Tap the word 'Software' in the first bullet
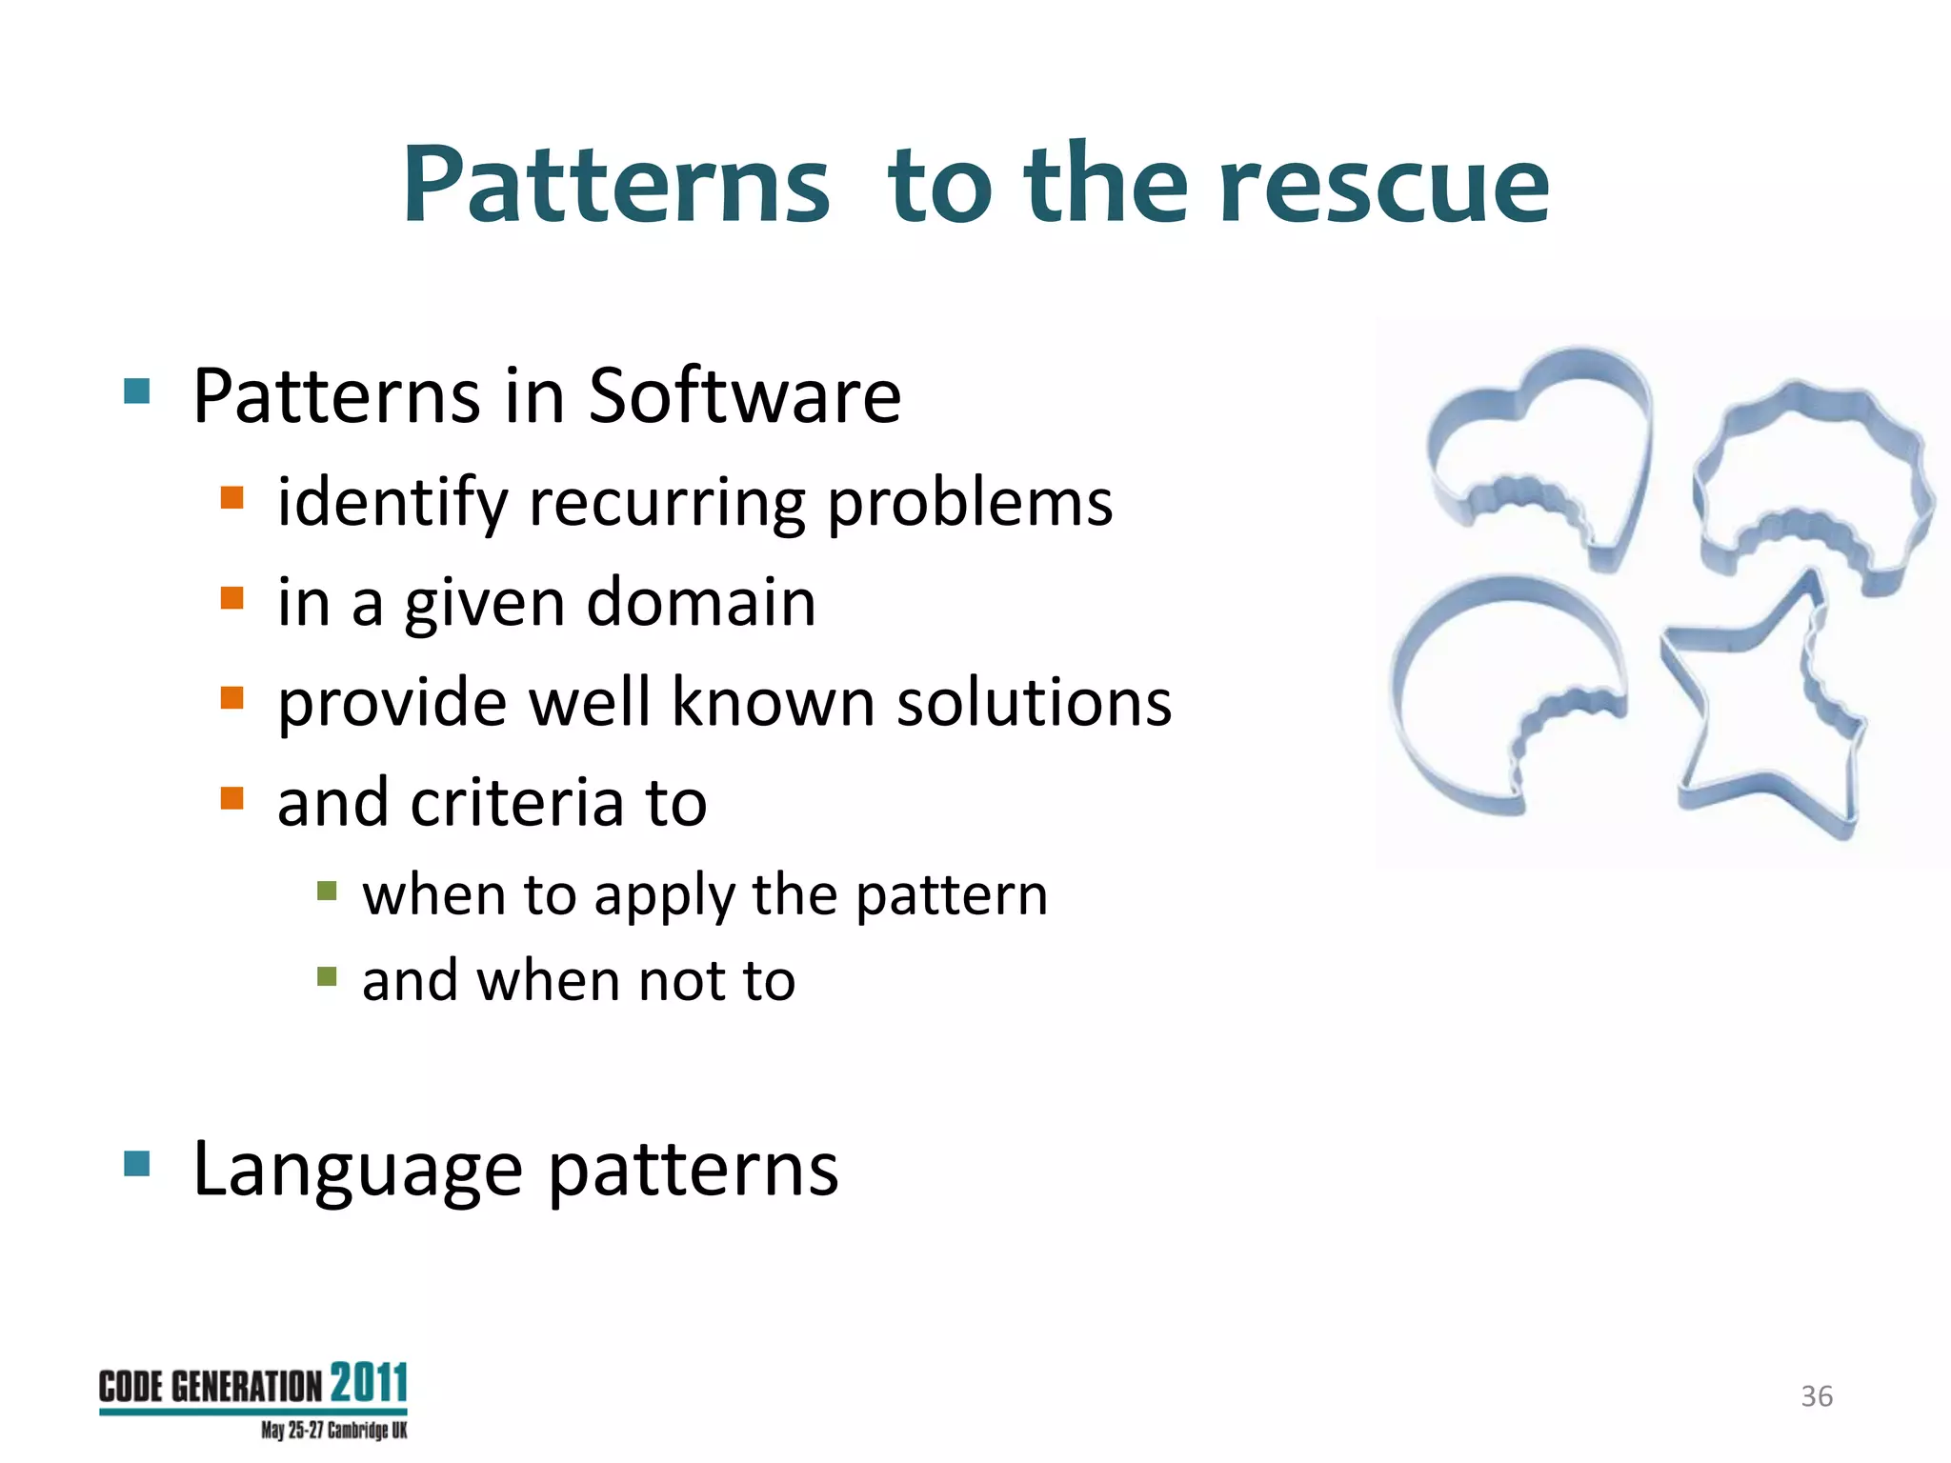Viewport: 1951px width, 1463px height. tap(744, 395)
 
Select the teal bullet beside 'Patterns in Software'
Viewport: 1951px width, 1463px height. tap(137, 391)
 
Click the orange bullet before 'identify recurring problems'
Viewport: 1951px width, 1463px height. tap(231, 498)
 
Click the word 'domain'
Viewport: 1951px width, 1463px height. tap(701, 603)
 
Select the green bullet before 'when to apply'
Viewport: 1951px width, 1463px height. tap(327, 891)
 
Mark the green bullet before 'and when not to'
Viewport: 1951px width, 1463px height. tap(327, 976)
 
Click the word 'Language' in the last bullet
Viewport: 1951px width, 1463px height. tap(357, 1170)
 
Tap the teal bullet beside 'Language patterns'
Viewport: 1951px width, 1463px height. tap(137, 1163)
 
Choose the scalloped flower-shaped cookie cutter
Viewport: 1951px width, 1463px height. tap(1810, 476)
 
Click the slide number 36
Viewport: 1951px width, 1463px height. tap(1817, 1396)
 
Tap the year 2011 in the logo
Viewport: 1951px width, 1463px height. tap(369, 1383)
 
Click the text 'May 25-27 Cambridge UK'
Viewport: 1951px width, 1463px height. tap(333, 1431)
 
